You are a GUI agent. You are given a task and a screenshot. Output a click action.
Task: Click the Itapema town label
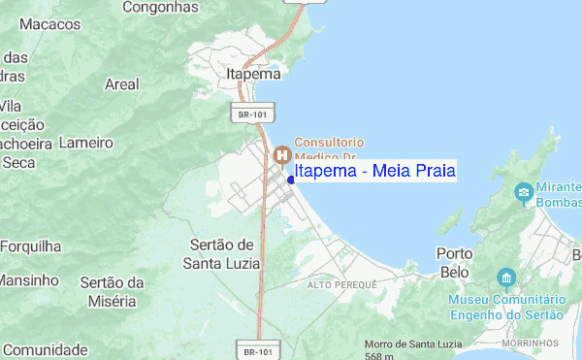tap(251, 74)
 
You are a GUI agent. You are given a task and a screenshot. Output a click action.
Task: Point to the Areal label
tap(122, 84)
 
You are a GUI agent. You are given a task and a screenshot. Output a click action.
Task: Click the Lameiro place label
tap(85, 143)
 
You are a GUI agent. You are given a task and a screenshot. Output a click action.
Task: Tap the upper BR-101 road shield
tap(251, 115)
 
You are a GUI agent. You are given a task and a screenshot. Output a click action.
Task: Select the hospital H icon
tap(282, 154)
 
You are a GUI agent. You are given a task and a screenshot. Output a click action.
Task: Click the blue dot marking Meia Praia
tap(291, 179)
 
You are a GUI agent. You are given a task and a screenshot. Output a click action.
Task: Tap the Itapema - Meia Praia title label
tap(374, 172)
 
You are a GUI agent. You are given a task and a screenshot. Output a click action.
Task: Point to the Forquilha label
tap(30, 246)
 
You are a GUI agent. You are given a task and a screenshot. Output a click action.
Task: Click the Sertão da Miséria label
tap(113, 290)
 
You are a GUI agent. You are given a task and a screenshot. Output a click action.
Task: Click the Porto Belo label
tap(455, 262)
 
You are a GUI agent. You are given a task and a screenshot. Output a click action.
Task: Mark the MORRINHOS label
tap(532, 344)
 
